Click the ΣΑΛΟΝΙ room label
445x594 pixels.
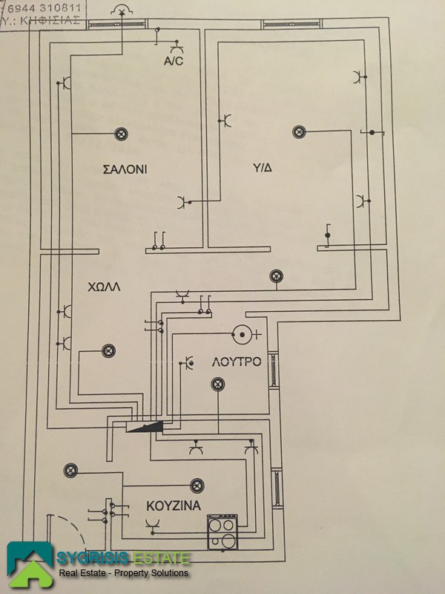(125, 169)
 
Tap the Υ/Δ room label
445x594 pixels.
(261, 168)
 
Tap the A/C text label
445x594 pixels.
(174, 62)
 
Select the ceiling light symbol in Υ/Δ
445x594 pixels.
(299, 131)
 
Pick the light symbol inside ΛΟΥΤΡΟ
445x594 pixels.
(217, 384)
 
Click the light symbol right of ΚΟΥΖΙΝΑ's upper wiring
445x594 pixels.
(197, 485)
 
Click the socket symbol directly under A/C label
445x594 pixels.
(174, 46)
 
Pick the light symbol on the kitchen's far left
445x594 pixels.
(70, 470)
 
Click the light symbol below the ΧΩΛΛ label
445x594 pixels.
(108, 350)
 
